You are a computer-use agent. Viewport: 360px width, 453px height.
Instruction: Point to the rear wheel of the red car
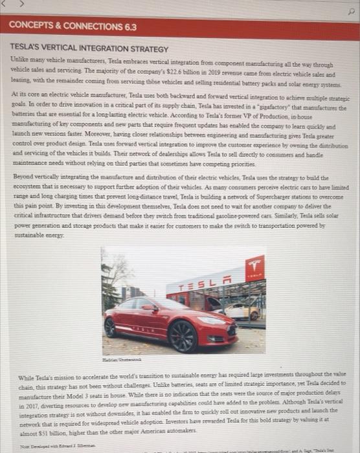111,327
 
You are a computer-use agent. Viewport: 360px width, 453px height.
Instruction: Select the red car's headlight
210,320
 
